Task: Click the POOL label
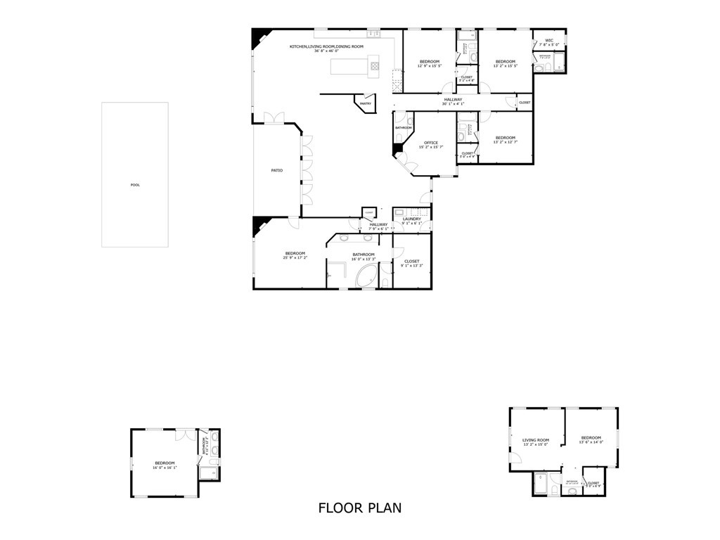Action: tap(135, 185)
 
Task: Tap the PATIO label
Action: tap(277, 170)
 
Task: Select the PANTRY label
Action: tap(366, 104)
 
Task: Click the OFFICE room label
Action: tap(431, 143)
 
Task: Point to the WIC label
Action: tap(549, 40)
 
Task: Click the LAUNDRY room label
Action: tap(412, 219)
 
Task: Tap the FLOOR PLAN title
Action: tap(360, 508)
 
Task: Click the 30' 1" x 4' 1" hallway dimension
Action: tap(453, 104)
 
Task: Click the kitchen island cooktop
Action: tap(375, 67)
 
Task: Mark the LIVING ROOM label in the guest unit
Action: tap(536, 440)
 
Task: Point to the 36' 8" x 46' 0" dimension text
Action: tap(328, 51)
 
